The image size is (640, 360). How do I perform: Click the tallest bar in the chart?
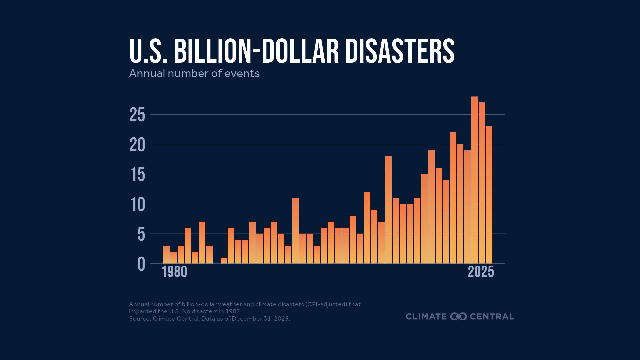(x=474, y=180)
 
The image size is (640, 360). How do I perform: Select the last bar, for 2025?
(x=489, y=195)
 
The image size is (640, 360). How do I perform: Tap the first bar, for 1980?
(x=166, y=255)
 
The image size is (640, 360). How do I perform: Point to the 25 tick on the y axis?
(x=137, y=115)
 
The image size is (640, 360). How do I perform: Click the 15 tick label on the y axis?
(x=137, y=175)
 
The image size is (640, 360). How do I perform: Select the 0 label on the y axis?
(x=141, y=264)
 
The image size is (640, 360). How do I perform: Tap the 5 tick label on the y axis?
(x=141, y=234)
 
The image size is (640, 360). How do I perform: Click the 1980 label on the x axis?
(x=174, y=272)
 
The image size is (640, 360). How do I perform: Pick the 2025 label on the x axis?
(x=481, y=272)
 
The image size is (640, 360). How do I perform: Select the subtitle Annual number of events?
(x=194, y=73)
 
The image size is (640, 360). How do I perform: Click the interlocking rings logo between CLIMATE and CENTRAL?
(x=458, y=317)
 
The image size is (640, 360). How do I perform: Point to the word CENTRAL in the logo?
(x=492, y=317)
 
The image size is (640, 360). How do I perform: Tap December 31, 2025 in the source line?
(x=260, y=319)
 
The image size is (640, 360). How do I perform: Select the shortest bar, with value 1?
(x=224, y=260)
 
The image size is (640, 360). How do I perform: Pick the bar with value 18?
(x=388, y=210)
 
